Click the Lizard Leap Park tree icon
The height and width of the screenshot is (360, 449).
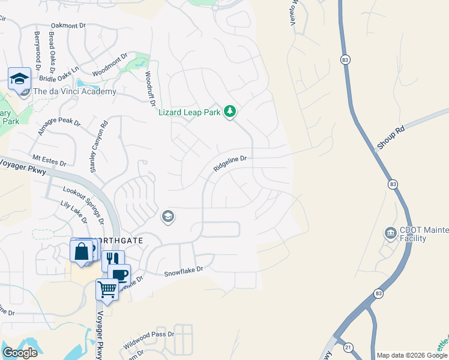(229, 112)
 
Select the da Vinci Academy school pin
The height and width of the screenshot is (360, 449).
(19, 79)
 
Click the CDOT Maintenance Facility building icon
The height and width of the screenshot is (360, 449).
(391, 232)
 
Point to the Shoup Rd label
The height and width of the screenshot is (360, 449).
(391, 137)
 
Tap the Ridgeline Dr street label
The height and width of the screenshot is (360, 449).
(231, 164)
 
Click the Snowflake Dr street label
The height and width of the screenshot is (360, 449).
(184, 271)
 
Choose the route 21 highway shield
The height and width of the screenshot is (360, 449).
(348, 347)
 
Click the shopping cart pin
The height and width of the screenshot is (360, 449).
(107, 289)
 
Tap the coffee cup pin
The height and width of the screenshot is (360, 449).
(120, 274)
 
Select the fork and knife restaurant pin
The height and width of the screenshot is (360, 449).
(112, 260)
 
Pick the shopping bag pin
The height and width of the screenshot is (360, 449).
(81, 251)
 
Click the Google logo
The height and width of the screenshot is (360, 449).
(20, 353)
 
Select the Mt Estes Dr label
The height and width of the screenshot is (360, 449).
(49, 160)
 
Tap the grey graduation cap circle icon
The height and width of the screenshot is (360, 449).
(168, 217)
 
